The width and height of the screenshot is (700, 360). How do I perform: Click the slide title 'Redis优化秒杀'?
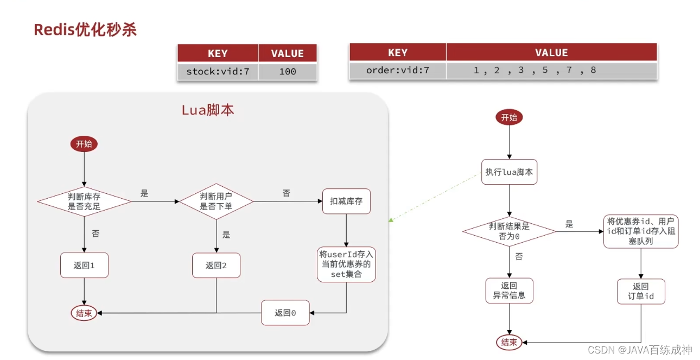(x=85, y=30)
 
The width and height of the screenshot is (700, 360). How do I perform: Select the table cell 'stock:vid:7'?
(x=218, y=72)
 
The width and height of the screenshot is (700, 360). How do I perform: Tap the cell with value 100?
(x=288, y=72)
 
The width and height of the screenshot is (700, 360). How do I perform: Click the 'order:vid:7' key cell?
(x=398, y=71)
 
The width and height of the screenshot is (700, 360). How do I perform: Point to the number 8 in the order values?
(x=593, y=70)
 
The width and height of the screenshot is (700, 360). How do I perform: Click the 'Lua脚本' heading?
(x=208, y=110)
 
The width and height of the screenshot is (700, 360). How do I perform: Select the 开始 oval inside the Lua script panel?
(x=84, y=144)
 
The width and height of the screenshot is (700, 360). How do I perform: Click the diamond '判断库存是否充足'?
(x=84, y=201)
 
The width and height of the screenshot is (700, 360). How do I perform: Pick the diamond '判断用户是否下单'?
(x=217, y=201)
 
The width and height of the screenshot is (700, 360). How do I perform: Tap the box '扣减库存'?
(x=346, y=201)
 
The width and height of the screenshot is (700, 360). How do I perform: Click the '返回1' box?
(x=84, y=265)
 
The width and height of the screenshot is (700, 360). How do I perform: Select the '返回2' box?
(x=217, y=265)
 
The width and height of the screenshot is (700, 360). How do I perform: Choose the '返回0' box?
(x=285, y=313)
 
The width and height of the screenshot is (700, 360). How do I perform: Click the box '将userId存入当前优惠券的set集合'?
(x=346, y=264)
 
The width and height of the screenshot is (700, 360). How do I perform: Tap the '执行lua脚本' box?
(x=510, y=172)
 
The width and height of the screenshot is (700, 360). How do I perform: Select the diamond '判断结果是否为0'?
(x=510, y=231)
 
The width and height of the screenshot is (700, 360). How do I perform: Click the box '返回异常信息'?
(x=510, y=290)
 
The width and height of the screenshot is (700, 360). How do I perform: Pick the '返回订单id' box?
(x=641, y=292)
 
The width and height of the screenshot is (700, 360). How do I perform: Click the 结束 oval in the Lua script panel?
(x=84, y=313)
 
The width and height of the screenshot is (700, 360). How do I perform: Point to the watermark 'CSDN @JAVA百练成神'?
(x=640, y=350)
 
